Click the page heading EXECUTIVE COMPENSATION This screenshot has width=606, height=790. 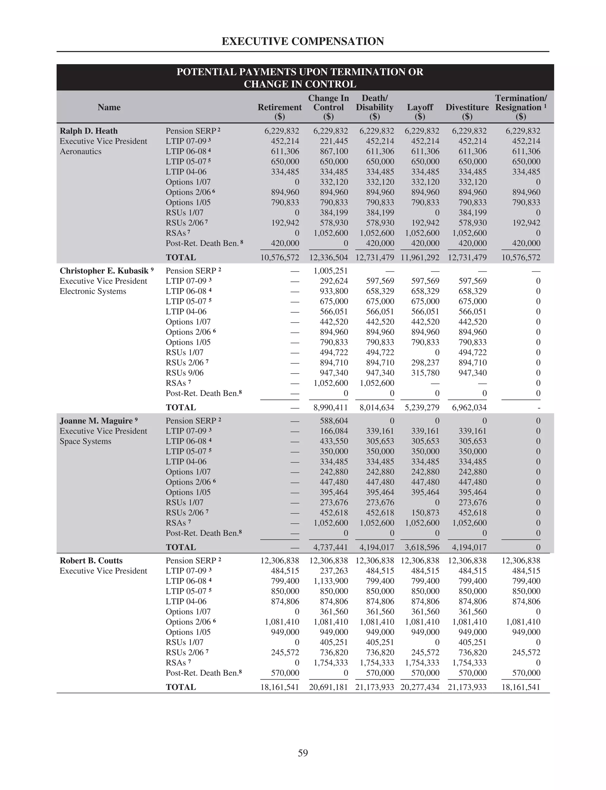[303, 41]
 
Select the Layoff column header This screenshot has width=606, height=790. [420, 107]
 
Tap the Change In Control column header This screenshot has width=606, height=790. [328, 103]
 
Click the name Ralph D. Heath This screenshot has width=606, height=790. [89, 131]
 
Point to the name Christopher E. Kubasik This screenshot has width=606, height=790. [104, 271]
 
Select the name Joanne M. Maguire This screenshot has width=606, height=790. [96, 421]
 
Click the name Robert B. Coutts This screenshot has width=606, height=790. [91, 561]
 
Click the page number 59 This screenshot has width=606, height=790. [303, 753]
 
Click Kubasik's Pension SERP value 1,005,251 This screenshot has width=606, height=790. [331, 271]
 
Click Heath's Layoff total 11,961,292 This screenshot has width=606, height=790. [420, 258]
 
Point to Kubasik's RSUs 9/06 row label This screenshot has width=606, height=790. [184, 373]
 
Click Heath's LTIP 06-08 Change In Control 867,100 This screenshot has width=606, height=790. [334, 152]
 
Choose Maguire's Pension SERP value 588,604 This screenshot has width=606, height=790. [334, 421]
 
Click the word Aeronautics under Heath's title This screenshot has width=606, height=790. [80, 152]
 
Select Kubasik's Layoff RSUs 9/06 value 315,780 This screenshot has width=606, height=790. [425, 373]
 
